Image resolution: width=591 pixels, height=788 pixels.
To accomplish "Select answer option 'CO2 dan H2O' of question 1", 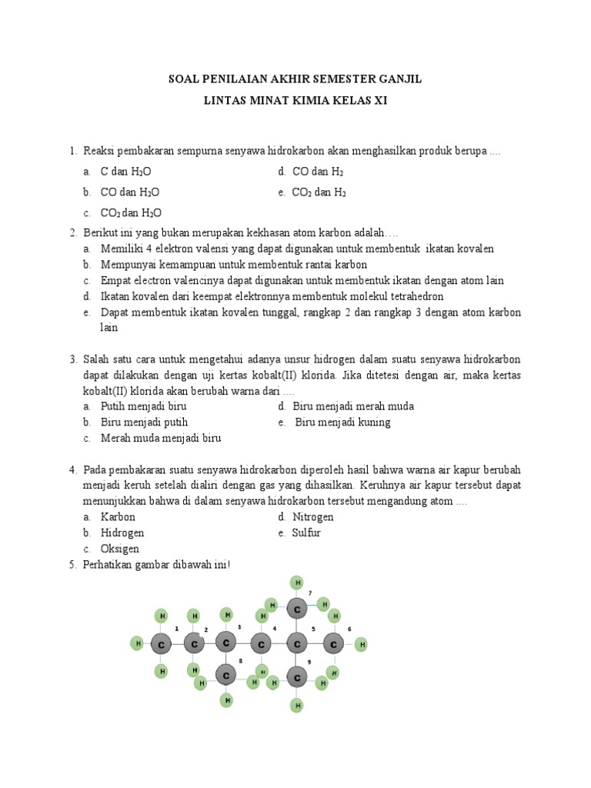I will (x=131, y=213).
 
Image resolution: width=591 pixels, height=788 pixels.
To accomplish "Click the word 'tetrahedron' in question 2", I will (x=416, y=296).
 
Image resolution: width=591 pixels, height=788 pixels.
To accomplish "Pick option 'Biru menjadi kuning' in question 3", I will (x=343, y=422).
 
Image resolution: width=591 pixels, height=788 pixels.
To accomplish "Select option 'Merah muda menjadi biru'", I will (x=161, y=439).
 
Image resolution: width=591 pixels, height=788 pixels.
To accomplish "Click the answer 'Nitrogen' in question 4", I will (x=313, y=517).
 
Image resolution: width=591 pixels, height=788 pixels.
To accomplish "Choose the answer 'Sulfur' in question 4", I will (x=306, y=533).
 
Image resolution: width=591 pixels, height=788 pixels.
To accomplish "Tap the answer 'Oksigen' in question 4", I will (x=120, y=549).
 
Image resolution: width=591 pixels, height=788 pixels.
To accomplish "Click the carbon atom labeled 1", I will (x=161, y=644).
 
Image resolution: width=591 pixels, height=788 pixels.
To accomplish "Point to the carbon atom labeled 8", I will (x=225, y=675).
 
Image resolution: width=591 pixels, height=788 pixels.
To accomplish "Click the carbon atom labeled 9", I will (x=297, y=678).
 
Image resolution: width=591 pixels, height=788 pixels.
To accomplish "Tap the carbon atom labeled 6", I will (x=333, y=643).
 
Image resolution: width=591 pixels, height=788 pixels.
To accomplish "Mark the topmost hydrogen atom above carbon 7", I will (x=297, y=583).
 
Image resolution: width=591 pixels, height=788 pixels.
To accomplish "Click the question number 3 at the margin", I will (x=72, y=359).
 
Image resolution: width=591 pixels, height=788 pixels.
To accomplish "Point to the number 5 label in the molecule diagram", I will (x=312, y=629).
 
